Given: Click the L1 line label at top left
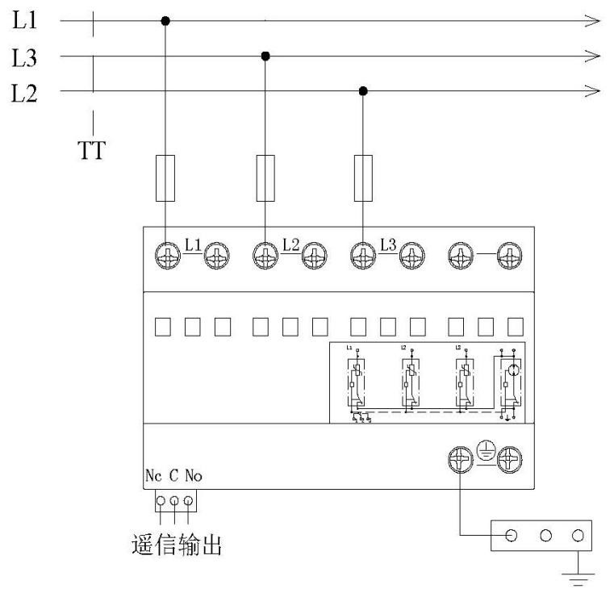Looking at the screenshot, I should click(24, 20).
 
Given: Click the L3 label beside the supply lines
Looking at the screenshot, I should click(24, 57).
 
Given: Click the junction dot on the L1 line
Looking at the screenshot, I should click(166, 20).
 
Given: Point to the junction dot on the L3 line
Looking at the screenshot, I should click(265, 56).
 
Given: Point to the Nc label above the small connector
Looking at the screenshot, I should click(153, 476).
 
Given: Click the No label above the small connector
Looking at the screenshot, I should click(193, 476).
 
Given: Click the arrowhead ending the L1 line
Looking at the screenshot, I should click(593, 20).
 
